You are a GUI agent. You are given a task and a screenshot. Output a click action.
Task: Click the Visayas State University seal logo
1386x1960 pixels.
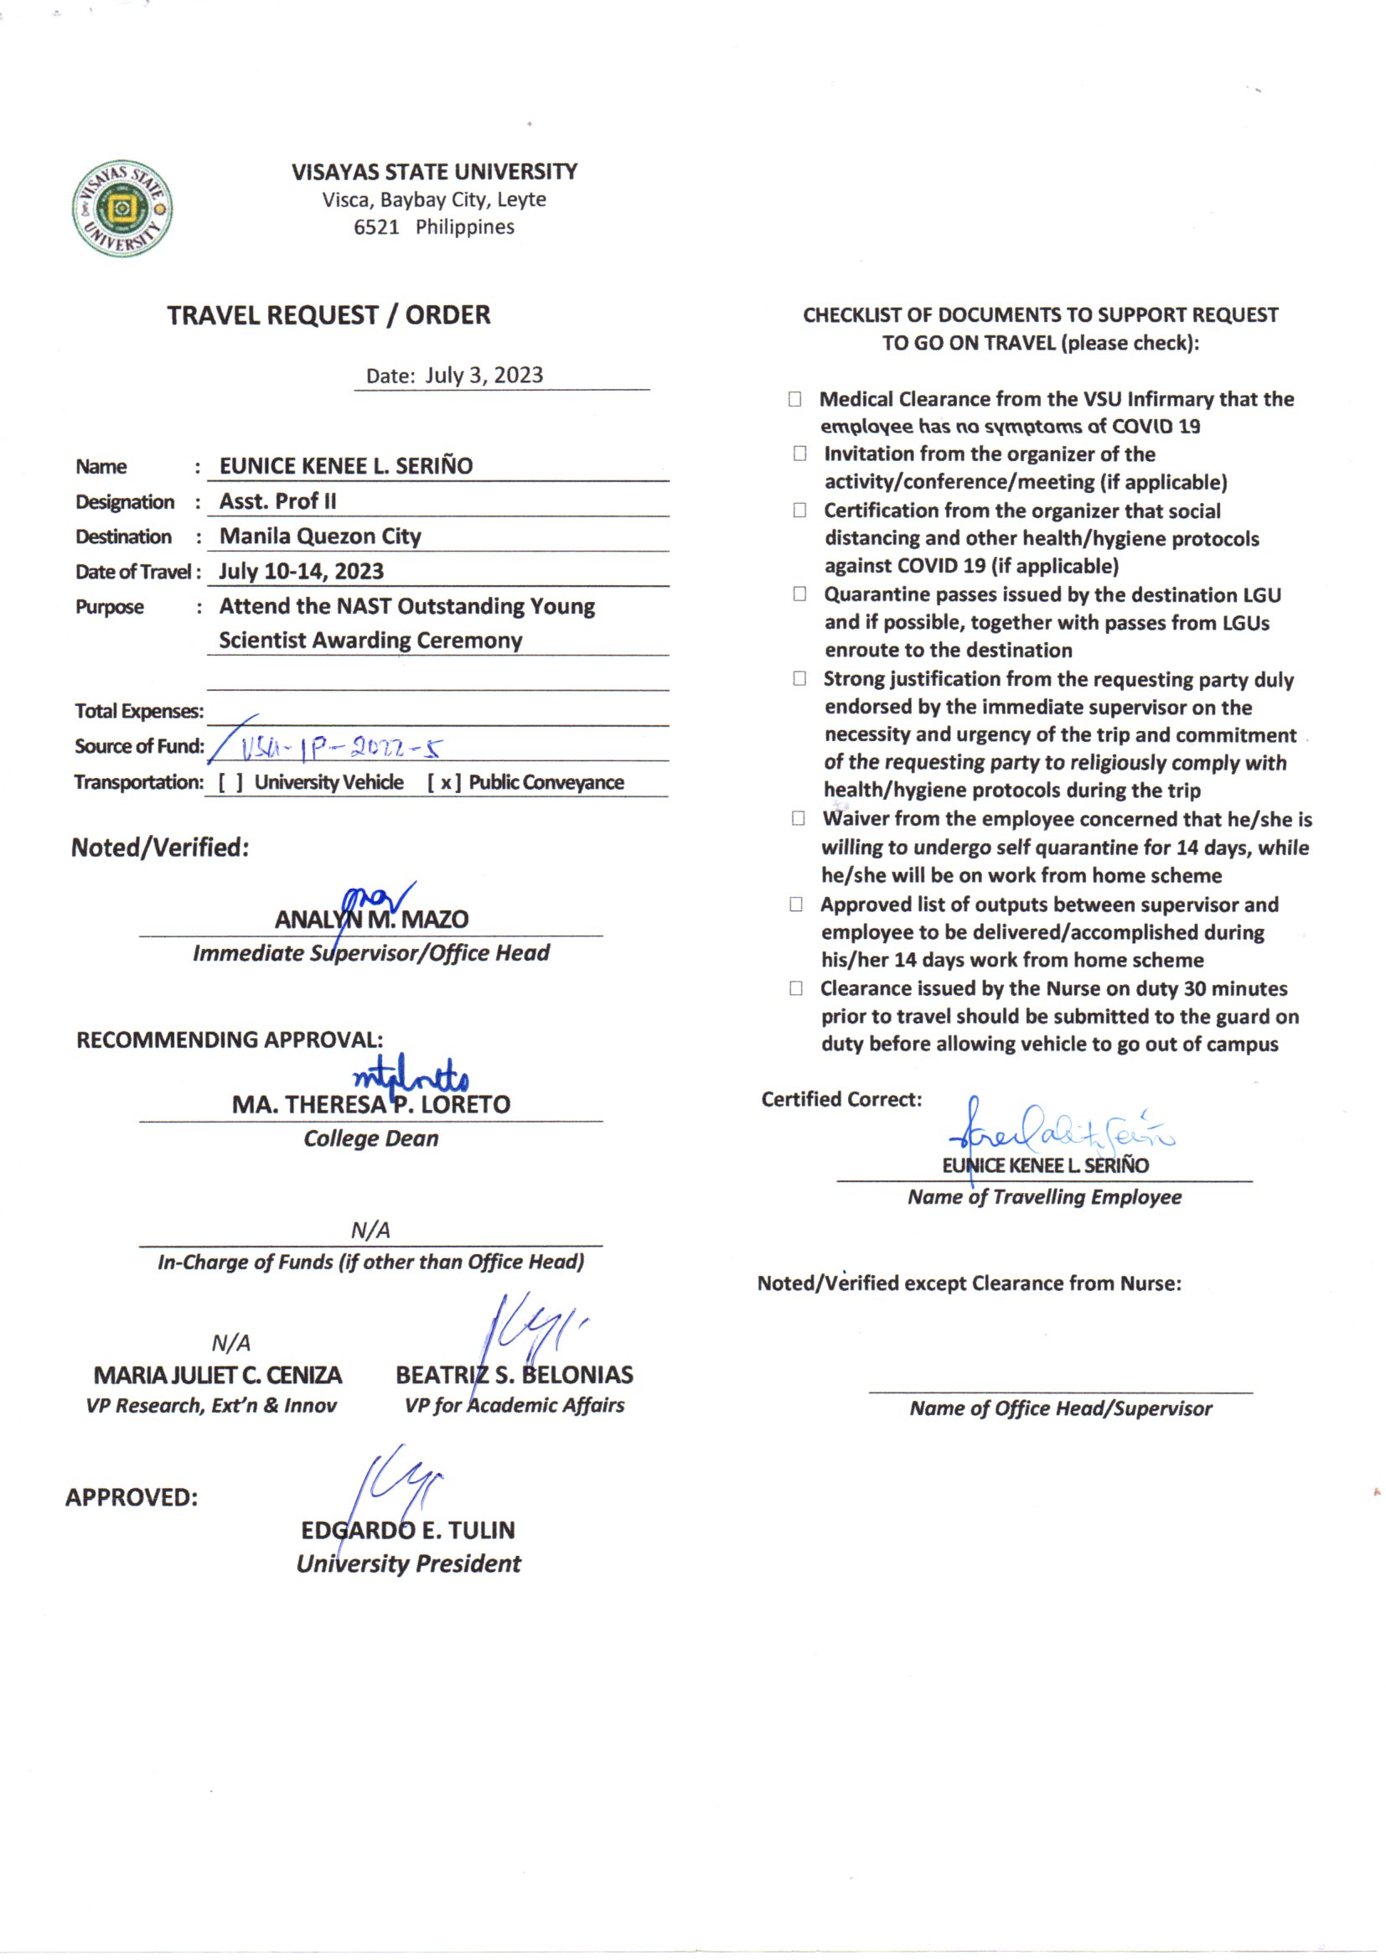click(122, 207)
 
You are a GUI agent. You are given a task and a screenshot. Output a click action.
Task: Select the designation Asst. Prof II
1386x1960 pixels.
click(278, 501)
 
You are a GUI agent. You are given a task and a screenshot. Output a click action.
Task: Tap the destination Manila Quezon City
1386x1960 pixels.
click(320, 536)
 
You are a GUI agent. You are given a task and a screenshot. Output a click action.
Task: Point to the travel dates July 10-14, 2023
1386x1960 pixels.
click(302, 571)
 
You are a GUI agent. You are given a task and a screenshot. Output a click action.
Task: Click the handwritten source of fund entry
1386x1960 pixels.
click(341, 749)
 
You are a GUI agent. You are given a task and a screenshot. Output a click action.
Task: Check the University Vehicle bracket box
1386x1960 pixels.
click(230, 783)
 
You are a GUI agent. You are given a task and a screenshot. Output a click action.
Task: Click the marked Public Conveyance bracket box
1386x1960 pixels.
click(445, 783)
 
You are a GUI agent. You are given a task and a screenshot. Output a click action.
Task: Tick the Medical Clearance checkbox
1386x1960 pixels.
click(794, 399)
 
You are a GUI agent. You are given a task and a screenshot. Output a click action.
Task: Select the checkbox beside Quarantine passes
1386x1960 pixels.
click(799, 594)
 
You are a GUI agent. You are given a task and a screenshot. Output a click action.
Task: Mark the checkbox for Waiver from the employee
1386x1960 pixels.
click(798, 819)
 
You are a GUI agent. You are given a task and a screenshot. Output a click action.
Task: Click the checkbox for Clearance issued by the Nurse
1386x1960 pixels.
click(796, 988)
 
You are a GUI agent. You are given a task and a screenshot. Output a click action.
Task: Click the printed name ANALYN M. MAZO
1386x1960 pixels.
click(371, 920)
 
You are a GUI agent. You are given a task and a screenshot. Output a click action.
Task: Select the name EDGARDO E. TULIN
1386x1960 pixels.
click(408, 1530)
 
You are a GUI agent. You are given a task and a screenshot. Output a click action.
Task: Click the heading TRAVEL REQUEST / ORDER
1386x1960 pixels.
click(328, 315)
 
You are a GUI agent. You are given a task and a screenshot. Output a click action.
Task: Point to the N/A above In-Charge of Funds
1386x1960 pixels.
click(370, 1230)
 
